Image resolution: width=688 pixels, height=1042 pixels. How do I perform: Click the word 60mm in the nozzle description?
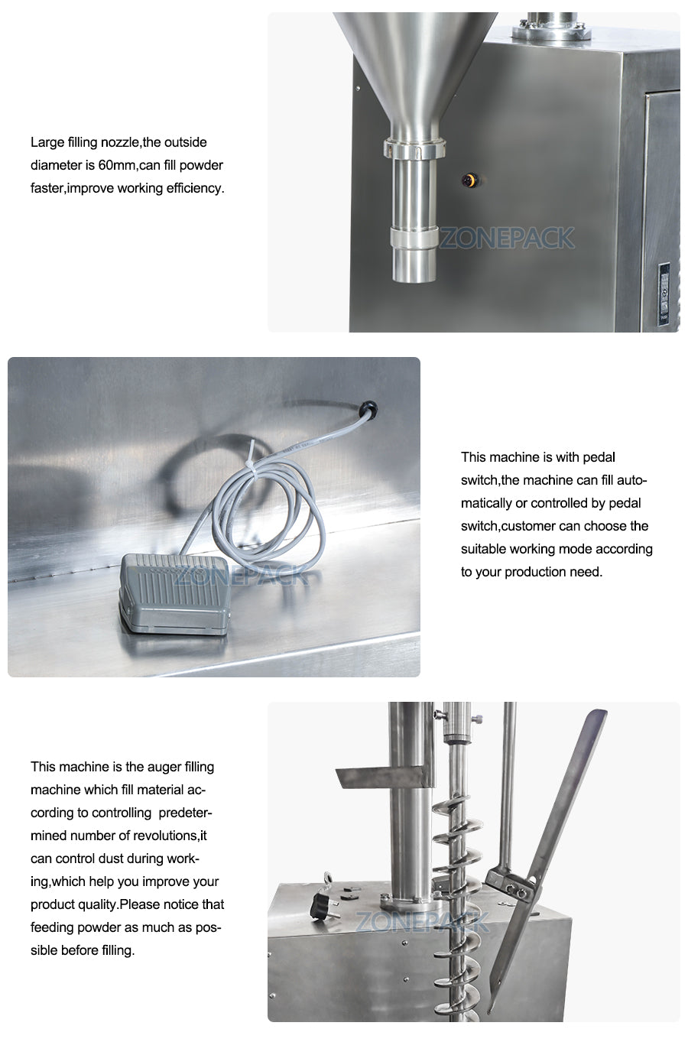pos(117,165)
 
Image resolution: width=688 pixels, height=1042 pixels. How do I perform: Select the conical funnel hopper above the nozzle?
pos(414,69)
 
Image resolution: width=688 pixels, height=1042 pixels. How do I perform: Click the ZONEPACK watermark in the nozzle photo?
pos(506,239)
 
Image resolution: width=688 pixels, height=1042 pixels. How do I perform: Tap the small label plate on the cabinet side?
pos(664,294)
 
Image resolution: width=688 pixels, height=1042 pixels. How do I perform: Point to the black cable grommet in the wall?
pos(368,410)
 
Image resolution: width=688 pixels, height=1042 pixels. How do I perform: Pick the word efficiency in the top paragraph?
pos(194,188)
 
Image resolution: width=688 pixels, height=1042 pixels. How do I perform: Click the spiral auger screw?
pos(458,879)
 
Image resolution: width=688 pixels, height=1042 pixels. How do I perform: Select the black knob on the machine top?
pos(320,908)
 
